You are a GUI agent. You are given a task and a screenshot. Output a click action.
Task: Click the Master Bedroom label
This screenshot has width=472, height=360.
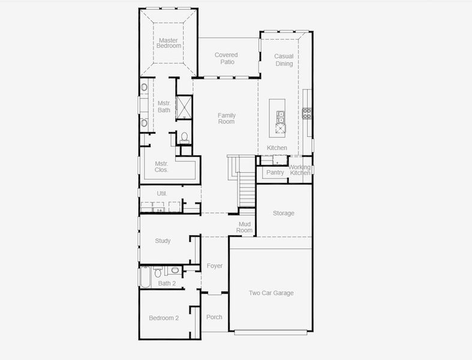coord(169,43)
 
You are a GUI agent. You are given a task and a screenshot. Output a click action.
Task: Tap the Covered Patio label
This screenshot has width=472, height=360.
coord(226,58)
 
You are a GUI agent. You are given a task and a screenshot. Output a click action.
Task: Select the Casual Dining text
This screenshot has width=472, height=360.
coord(284,60)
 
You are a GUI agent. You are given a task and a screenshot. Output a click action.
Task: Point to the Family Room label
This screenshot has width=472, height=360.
coord(226,118)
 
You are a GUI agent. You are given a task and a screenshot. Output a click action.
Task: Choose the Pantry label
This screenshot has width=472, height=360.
coord(275,173)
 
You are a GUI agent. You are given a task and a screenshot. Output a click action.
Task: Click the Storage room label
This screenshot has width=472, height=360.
coord(284,213)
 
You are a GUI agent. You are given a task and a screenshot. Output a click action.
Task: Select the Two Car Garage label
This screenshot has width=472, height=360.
coord(271,293)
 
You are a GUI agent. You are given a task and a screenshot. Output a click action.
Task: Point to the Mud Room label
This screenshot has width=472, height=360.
coord(244,227)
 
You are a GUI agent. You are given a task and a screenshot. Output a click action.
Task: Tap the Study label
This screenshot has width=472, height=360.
coord(163,241)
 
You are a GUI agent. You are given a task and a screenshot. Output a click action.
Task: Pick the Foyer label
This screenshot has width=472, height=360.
coord(214,266)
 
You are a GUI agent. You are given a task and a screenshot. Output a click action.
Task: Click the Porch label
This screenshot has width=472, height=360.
coord(214,317)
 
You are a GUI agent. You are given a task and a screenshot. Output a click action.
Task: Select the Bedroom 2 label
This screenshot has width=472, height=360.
coord(164,318)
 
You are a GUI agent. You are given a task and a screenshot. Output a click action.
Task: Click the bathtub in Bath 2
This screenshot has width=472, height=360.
coord(145,277)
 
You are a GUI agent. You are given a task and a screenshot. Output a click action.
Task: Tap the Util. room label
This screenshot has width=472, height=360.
coord(161,193)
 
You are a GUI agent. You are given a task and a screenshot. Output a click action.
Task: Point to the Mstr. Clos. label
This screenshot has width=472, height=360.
coord(161,166)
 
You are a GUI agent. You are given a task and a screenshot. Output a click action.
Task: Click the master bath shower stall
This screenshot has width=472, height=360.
coord(184,107)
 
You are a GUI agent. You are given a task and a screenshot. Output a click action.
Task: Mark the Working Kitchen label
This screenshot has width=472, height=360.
coord(300,170)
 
